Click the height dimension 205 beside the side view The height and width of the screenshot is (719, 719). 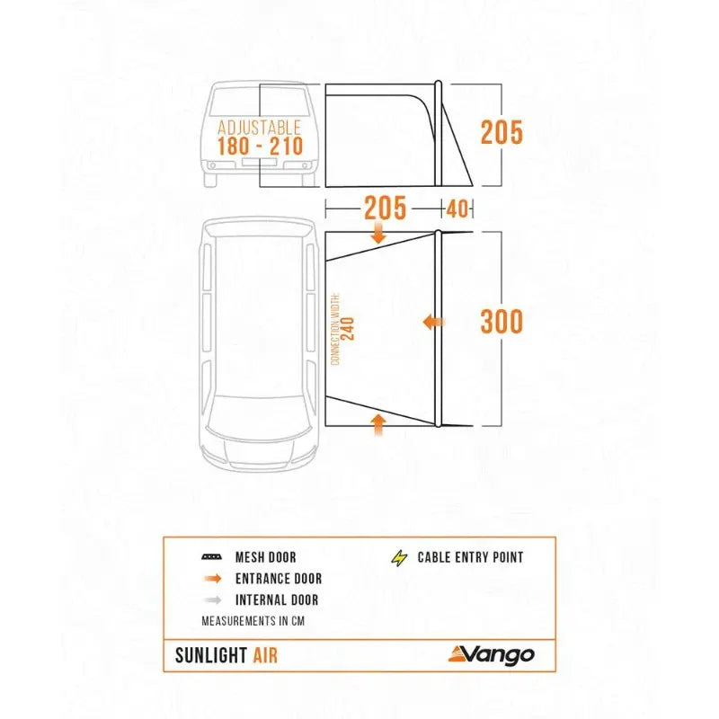[501, 132]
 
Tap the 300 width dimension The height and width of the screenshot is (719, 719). [501, 321]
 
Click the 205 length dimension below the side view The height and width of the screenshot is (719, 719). [386, 209]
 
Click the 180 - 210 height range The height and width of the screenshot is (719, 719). [259, 146]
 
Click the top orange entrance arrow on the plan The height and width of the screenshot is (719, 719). [377, 234]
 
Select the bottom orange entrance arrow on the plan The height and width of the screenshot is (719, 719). [377, 422]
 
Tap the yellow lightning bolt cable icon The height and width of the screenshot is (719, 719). [399, 557]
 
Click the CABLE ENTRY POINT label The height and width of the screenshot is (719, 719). [470, 557]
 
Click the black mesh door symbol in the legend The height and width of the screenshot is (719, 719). [212, 557]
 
